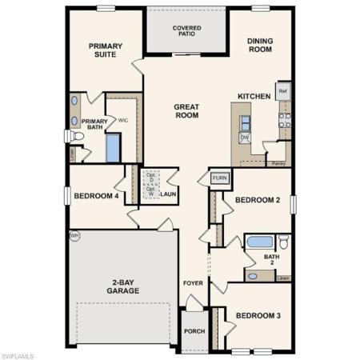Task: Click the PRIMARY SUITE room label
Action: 106,50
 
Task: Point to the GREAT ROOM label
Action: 186,110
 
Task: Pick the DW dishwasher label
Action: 245,137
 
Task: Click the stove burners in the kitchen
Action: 283,120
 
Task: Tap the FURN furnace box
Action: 220,178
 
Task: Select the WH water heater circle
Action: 74,235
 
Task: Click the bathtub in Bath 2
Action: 258,242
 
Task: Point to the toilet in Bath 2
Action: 282,241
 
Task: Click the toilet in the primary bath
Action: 69,137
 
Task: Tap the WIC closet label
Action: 123,121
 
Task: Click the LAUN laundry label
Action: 168,194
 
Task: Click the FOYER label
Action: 194,283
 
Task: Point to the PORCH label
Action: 194,330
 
